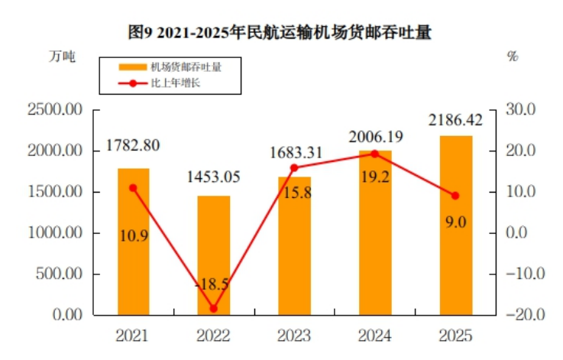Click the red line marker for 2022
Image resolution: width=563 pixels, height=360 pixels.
click(213, 309)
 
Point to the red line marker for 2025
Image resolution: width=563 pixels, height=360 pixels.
click(455, 196)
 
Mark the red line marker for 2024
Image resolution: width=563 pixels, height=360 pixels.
click(375, 154)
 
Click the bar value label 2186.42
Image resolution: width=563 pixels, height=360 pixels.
click(455, 120)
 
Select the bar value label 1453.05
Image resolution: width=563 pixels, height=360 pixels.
click(213, 177)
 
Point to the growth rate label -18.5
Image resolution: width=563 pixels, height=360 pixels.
click(213, 284)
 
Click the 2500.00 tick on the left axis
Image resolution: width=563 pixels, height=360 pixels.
click(55, 110)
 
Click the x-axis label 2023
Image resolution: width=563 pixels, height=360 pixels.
click(294, 336)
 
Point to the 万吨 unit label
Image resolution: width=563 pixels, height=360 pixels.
click(63, 56)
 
